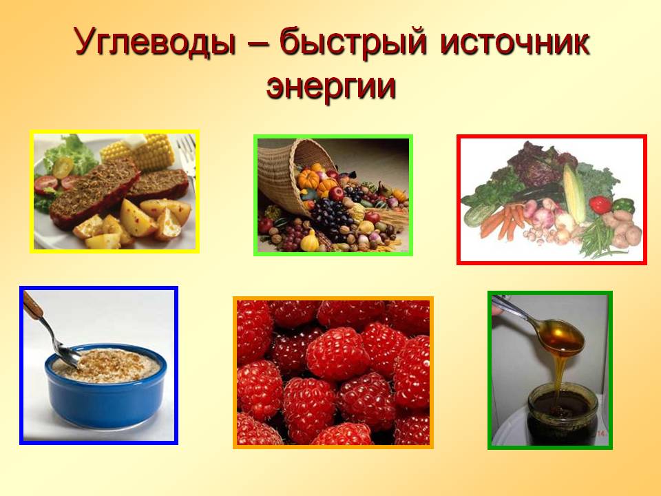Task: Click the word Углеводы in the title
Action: coord(154,41)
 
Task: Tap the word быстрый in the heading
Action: coord(353,41)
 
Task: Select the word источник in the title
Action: coord(514,41)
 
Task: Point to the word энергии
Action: coord(331,87)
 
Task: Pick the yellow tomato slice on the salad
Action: coord(63,167)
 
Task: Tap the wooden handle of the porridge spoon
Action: coord(33,306)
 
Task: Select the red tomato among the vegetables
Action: coord(600,205)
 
